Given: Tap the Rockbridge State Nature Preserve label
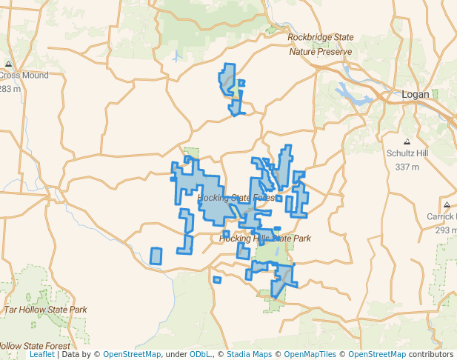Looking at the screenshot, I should (320, 44).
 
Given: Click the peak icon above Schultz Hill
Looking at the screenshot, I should (407, 141).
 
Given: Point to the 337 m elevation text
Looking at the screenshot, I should (407, 167).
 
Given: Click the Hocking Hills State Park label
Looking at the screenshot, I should (265, 239).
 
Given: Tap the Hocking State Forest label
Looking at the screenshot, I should (236, 198).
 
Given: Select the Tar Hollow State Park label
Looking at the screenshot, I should (46, 309).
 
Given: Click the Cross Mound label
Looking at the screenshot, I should (24, 76).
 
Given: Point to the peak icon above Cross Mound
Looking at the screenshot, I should (8, 64).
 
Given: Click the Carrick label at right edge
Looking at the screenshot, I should (441, 217).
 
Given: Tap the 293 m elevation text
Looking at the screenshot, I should (444, 230).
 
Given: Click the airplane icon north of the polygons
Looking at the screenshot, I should (176, 56).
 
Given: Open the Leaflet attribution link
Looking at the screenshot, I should (41, 355).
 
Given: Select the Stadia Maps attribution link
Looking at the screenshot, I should (250, 355).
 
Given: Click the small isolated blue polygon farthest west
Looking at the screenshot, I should (156, 256).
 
